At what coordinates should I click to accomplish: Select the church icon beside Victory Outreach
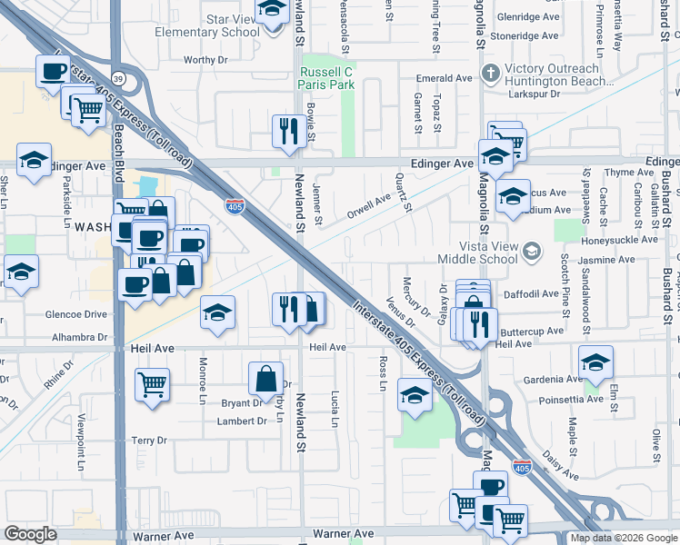click(x=492, y=73)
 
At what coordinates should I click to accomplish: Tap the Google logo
click(x=30, y=534)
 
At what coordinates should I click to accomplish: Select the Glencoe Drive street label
click(x=77, y=315)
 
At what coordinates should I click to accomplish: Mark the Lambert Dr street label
click(x=241, y=421)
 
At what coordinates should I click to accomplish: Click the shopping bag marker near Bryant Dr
click(x=267, y=378)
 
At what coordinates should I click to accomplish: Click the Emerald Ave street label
click(x=444, y=78)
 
